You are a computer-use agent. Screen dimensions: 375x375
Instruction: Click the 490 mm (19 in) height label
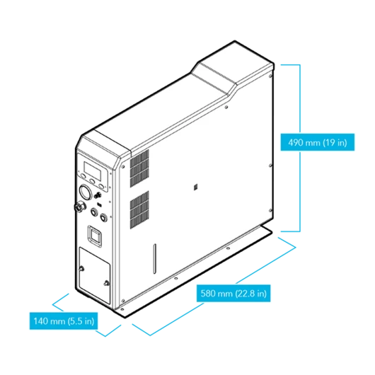318,142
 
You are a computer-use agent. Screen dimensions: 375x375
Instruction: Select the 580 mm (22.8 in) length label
233,293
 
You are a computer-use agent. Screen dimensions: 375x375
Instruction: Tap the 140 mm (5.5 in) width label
64,321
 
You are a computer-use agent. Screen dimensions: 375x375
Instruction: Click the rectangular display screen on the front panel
92,171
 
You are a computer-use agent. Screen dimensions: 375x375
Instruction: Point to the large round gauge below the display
85,192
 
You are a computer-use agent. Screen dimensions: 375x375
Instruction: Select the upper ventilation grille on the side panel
139,168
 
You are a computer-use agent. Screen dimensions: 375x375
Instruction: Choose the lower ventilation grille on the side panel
139,209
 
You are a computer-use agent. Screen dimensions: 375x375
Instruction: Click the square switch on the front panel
96,236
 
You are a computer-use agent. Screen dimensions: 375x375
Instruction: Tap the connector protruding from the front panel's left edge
79,206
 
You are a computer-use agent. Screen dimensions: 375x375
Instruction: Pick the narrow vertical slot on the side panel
155,258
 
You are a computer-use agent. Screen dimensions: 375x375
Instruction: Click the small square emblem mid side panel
195,187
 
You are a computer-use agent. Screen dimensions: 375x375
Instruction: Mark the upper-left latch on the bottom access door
81,269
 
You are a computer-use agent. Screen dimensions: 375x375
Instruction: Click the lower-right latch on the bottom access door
106,283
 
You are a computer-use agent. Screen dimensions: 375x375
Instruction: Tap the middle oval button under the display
92,181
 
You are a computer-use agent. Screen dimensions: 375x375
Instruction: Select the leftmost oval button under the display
83,176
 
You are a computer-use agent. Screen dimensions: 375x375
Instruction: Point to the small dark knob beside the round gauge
98,195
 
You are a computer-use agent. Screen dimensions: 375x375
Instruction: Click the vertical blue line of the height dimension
300,148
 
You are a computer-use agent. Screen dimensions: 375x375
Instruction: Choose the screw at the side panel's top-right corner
270,76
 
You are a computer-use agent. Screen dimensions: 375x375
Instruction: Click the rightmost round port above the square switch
103,217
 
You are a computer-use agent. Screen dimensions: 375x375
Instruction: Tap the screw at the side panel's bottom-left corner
123,301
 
